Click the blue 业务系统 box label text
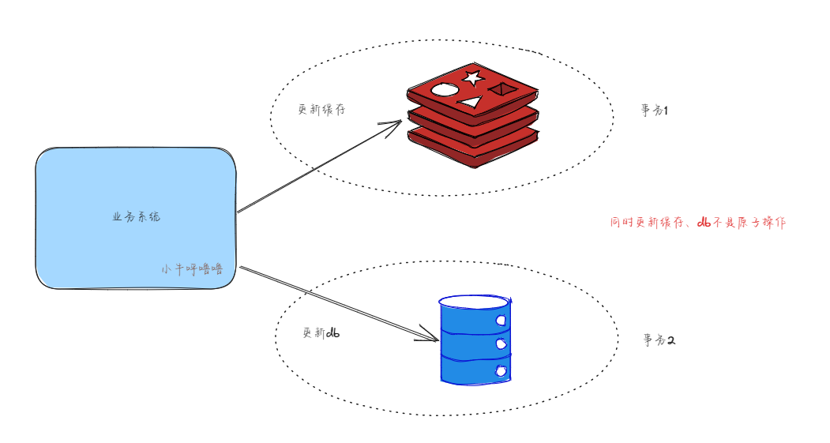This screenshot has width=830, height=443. pyautogui.click(x=136, y=216)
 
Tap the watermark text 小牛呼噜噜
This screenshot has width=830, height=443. pyautogui.click(x=192, y=268)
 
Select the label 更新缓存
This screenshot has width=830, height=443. pyautogui.click(x=321, y=111)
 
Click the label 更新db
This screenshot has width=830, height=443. pyautogui.click(x=321, y=333)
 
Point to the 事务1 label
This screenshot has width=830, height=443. pyautogui.click(x=655, y=111)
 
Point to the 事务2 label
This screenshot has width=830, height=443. pyautogui.click(x=659, y=341)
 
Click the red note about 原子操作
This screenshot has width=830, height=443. pyautogui.click(x=698, y=223)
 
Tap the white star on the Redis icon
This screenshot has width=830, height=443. pyautogui.click(x=472, y=77)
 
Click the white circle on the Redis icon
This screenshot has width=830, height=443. pyautogui.click(x=445, y=89)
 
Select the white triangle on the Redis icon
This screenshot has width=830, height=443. pyautogui.click(x=471, y=102)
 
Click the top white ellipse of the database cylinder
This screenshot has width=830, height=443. pyautogui.click(x=475, y=302)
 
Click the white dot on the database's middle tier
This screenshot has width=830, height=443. pyautogui.click(x=500, y=344)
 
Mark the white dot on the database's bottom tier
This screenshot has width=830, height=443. pyautogui.click(x=500, y=370)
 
